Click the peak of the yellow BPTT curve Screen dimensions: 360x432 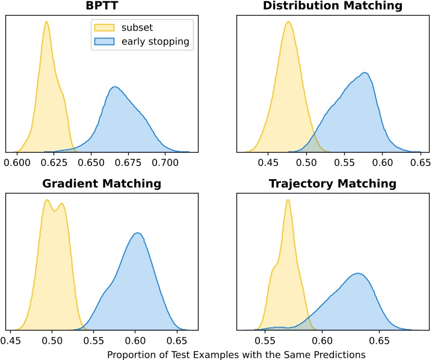coord(46,22)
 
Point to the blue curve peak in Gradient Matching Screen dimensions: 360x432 coord(138,233)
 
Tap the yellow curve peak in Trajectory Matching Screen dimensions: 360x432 coord(288,200)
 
